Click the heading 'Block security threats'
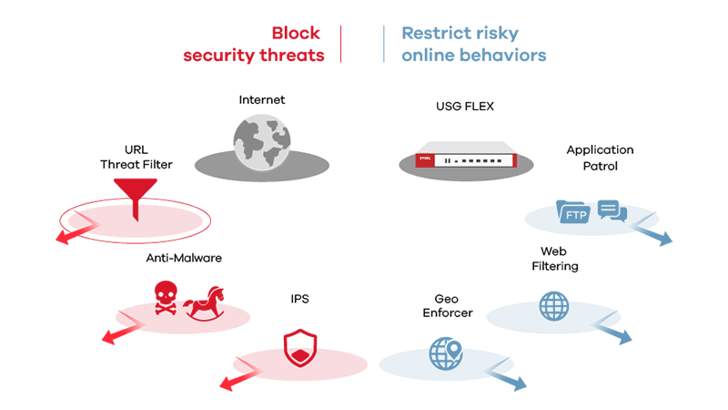tap(253, 44)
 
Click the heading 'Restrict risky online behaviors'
tap(473, 44)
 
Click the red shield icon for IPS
tap(298, 350)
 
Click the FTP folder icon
tap(573, 212)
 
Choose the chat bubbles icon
tap(612, 210)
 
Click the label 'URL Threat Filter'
tap(136, 157)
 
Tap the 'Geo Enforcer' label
tap(448, 305)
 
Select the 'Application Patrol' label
tap(600, 158)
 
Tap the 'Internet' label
tap(261, 99)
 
